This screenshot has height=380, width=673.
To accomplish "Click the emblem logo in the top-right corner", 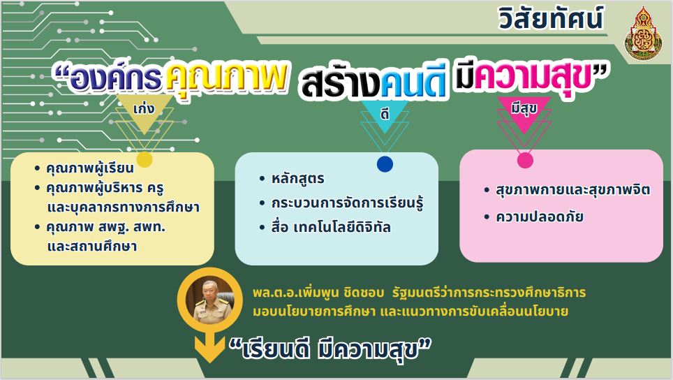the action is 643,34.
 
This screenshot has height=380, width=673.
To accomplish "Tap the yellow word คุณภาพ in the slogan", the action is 226,78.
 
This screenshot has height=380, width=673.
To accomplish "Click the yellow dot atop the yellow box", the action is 145,160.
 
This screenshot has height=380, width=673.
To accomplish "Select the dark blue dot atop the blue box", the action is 385,164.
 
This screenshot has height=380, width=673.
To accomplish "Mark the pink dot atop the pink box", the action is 525,161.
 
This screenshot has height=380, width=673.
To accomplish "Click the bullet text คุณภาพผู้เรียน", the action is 90,168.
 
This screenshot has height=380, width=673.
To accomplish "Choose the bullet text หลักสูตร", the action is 297,179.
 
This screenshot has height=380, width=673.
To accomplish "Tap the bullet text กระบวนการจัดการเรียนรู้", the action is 347,203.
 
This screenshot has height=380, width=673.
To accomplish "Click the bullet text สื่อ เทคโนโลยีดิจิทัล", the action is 330,227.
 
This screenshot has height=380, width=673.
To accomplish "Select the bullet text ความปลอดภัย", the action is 540,217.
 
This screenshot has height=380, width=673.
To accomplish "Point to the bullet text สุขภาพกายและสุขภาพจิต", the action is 572,190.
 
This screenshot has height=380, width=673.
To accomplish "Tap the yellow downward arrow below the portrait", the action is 210,347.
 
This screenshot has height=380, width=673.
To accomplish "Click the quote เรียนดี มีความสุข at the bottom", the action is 330,349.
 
